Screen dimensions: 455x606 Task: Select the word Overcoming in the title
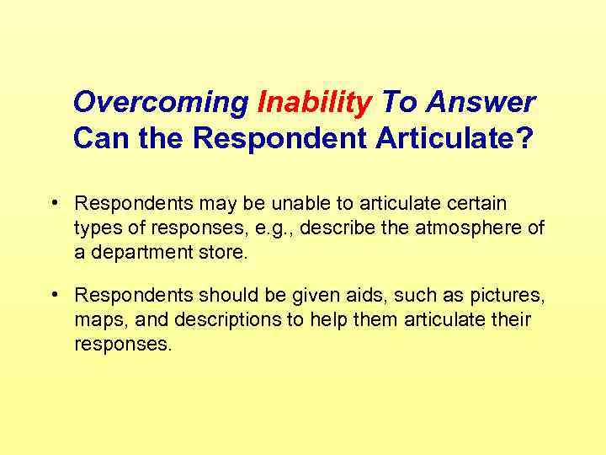161,103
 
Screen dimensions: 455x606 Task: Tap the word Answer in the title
480,103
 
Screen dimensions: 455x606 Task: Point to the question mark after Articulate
525,138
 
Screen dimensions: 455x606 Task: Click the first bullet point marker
54,203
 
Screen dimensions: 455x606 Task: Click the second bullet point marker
54,294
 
